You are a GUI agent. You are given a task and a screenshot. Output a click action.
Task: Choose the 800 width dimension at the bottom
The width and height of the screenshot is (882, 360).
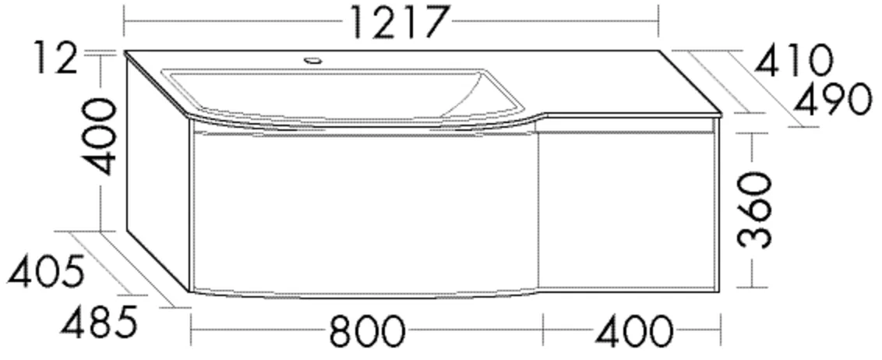coord(366,333)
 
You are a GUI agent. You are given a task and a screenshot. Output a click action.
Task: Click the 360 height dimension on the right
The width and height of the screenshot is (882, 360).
coord(753,210)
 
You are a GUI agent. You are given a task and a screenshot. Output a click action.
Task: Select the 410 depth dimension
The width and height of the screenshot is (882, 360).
coord(794,60)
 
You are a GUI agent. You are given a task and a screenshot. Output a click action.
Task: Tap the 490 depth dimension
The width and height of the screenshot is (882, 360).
coord(831,99)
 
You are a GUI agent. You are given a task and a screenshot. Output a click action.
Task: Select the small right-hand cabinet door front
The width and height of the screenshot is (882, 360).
coord(627,210)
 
